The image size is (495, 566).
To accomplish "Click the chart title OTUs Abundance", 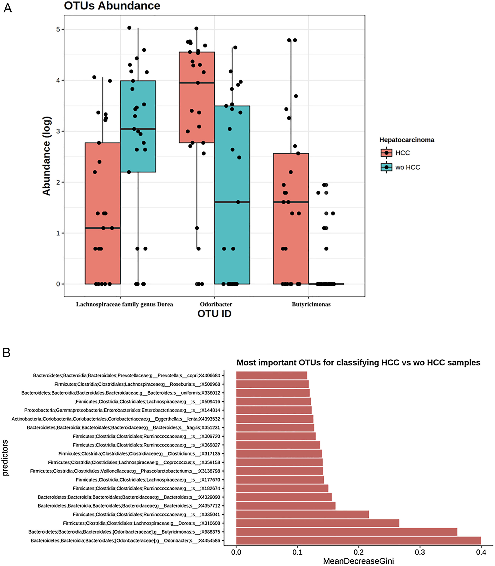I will [x=112, y=6].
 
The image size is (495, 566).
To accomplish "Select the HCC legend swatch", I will [x=386, y=153].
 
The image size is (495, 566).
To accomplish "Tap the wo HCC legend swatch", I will [x=386, y=167].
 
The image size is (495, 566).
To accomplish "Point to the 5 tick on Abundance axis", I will [x=58, y=29].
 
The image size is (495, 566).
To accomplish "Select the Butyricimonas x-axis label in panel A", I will [x=311, y=304].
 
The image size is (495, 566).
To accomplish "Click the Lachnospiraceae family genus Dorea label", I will [x=124, y=304].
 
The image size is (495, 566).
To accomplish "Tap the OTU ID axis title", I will [x=214, y=314].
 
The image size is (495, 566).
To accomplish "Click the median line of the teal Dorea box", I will [x=138, y=129].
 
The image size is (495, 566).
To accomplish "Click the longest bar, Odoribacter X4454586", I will [x=358, y=540].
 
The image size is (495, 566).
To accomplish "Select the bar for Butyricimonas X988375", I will [x=346, y=532].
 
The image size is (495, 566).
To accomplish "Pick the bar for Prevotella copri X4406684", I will [x=272, y=375].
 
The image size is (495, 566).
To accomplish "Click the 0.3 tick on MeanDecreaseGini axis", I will [x=420, y=552].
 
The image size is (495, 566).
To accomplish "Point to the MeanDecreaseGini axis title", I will [x=358, y=561].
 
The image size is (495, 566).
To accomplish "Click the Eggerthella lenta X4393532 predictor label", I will [x=116, y=419].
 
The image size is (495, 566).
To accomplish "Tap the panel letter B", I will [x=7, y=352].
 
